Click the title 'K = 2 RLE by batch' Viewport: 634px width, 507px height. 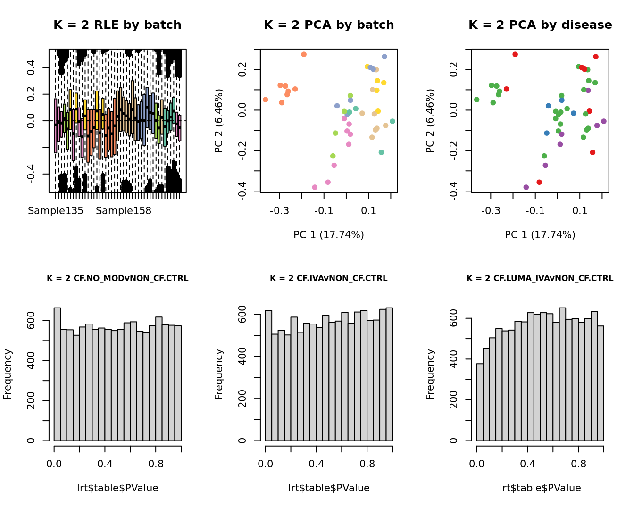117,25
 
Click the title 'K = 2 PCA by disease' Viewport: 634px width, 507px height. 540,25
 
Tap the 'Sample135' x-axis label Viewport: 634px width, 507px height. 56,211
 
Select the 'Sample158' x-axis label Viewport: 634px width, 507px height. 124,211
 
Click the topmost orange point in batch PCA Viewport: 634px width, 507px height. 304,55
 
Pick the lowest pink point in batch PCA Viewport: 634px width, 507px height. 315,187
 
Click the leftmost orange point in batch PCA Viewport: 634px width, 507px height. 266,100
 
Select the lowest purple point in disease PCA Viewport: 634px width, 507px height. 526,187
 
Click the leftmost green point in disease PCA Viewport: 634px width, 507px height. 477,100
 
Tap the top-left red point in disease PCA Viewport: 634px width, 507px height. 515,55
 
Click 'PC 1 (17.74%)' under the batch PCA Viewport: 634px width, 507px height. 329,235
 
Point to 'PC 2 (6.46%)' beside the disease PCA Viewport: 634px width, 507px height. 430,121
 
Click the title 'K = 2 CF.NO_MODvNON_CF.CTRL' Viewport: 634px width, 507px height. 117,279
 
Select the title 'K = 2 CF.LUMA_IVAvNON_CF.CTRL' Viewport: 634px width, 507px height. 540,279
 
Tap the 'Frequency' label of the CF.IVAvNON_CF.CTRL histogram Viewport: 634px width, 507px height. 219,374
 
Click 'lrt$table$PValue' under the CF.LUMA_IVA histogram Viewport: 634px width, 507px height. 540,488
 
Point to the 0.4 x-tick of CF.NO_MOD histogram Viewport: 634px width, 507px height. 105,464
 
